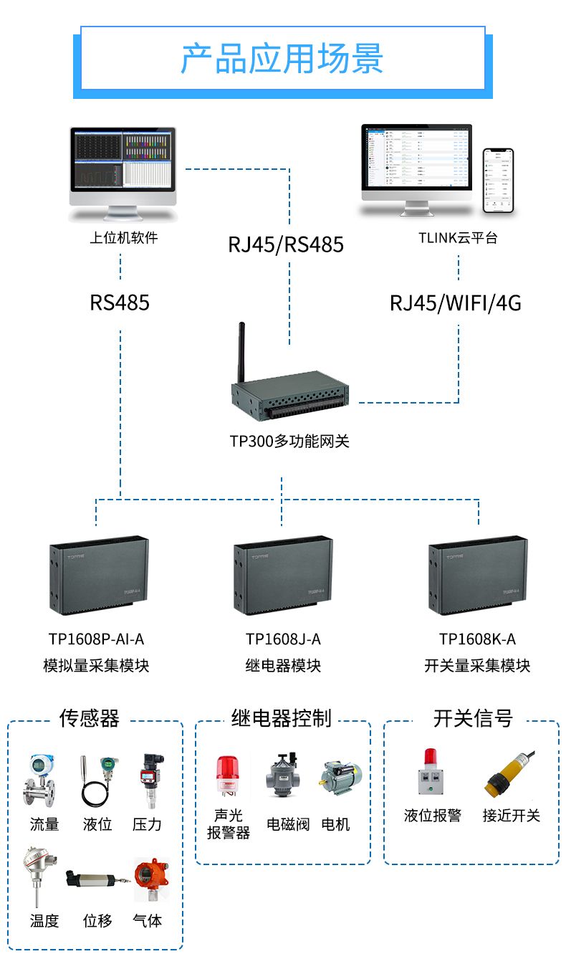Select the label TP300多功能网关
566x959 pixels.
tap(289, 441)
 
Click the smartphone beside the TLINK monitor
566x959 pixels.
tap(498, 181)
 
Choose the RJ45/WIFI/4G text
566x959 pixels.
tap(456, 303)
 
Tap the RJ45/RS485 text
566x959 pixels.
tap(286, 244)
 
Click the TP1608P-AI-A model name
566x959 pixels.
tap(96, 639)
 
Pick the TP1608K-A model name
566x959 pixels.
tap(477, 639)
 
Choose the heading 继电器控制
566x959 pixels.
tap(282, 717)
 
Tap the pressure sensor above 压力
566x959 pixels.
tap(150, 780)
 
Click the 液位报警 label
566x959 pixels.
tap(433, 816)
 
